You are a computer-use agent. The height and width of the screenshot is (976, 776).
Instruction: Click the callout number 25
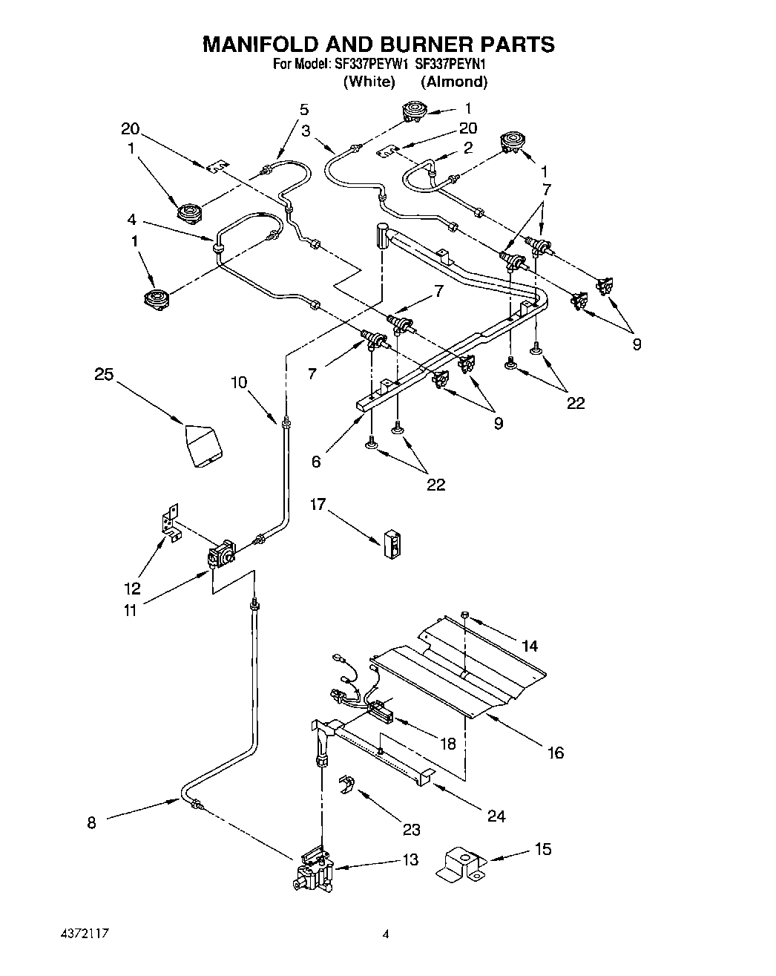pos(104,374)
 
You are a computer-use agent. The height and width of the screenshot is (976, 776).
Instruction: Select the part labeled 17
pos(393,543)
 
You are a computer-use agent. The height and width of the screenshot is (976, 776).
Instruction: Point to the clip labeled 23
pos(346,785)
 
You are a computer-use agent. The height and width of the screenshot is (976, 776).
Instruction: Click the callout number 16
pos(555,753)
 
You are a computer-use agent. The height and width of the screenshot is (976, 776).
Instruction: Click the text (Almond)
pos(454,82)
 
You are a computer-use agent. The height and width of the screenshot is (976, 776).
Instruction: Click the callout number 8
pos(91,822)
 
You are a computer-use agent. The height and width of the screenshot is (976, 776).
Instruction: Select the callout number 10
pos(238,382)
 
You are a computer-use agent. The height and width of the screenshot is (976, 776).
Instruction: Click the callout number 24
pos(496,816)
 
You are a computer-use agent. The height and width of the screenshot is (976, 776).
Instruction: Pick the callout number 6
pos(316,461)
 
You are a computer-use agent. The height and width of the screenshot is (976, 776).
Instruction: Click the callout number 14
pos(529,646)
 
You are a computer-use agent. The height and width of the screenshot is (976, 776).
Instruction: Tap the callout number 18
pos(447,743)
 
